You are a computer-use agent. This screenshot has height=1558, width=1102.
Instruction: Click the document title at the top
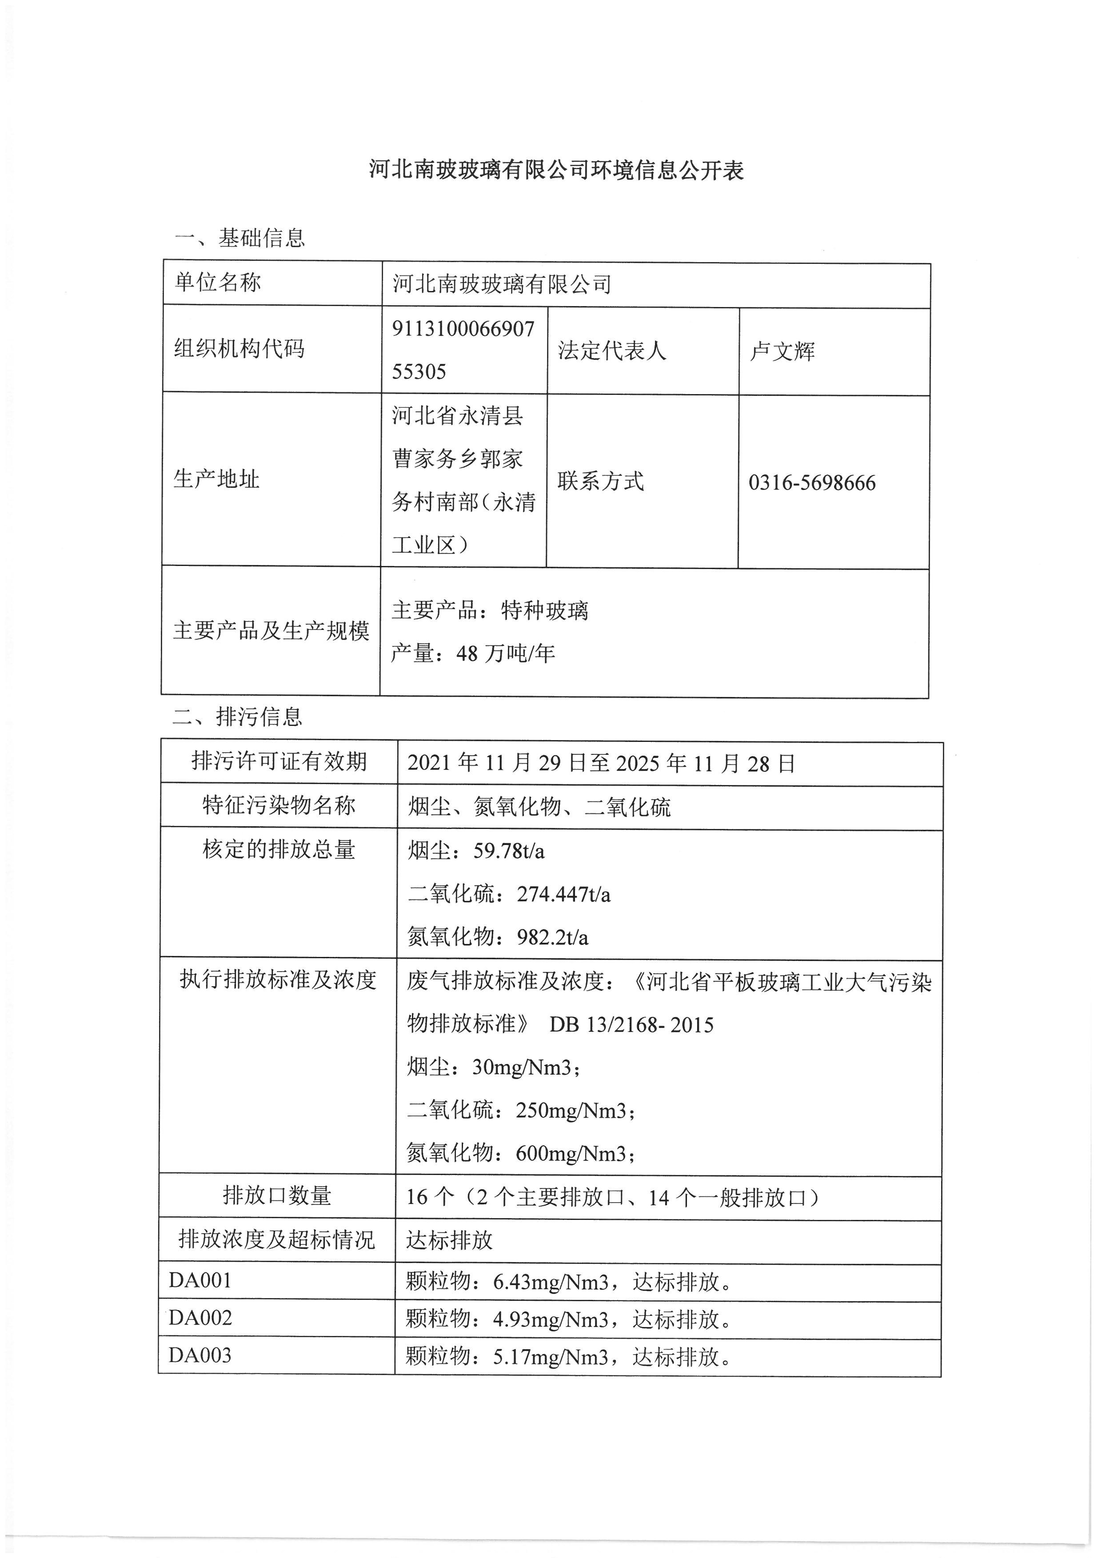(x=556, y=170)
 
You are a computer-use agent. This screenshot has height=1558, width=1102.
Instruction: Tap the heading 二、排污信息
(x=237, y=717)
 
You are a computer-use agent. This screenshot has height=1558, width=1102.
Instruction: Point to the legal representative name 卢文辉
(x=782, y=351)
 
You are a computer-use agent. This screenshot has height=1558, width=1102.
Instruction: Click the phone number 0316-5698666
(x=811, y=483)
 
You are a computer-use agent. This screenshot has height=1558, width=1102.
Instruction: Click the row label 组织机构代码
(x=240, y=349)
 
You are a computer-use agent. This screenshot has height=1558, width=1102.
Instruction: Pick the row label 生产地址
(x=216, y=479)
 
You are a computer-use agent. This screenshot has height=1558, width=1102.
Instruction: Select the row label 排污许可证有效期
(x=279, y=761)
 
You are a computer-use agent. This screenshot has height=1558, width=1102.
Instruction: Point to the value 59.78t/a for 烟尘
(x=509, y=851)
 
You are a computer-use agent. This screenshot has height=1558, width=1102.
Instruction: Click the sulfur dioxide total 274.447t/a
(x=563, y=894)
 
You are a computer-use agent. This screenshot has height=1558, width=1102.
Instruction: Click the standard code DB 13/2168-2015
(x=631, y=1024)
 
